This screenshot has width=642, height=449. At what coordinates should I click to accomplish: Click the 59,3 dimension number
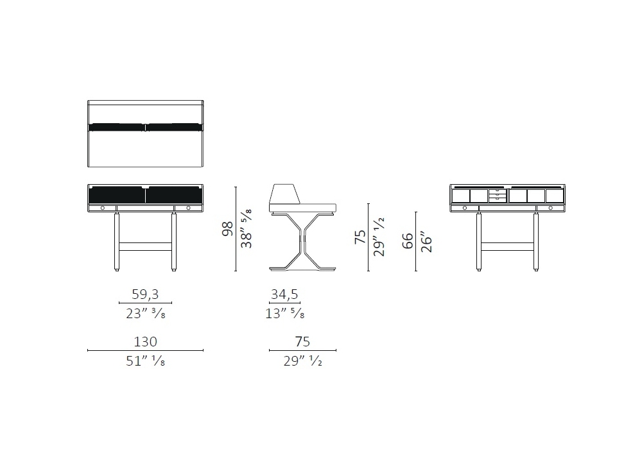pyautogui.click(x=145, y=294)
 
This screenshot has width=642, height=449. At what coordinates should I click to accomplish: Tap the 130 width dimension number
pyautogui.click(x=145, y=341)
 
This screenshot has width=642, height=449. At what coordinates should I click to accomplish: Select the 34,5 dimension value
pyautogui.click(x=284, y=294)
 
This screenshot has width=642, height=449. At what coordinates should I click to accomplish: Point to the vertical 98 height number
pyautogui.click(x=227, y=229)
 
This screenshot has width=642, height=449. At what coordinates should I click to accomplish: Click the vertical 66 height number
pyautogui.click(x=408, y=241)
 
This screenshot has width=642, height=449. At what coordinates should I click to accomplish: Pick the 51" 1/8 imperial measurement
pyautogui.click(x=145, y=361)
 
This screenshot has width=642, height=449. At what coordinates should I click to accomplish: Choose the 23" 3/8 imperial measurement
pyautogui.click(x=145, y=314)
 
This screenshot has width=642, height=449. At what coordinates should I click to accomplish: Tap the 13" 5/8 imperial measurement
pyautogui.click(x=285, y=314)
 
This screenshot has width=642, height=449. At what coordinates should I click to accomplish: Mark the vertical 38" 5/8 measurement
pyautogui.click(x=246, y=229)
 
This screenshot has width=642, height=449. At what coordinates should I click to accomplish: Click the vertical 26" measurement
pyautogui.click(x=426, y=242)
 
